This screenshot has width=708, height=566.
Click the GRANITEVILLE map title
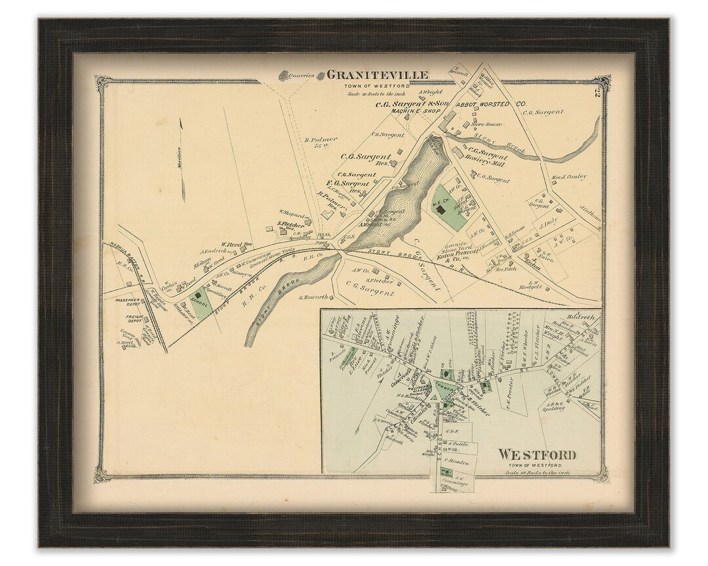pos(378,75)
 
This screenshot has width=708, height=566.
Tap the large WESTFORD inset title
pos(537,454)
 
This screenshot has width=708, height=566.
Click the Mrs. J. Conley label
pos(568,176)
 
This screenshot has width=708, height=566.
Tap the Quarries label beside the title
pos(305,75)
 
